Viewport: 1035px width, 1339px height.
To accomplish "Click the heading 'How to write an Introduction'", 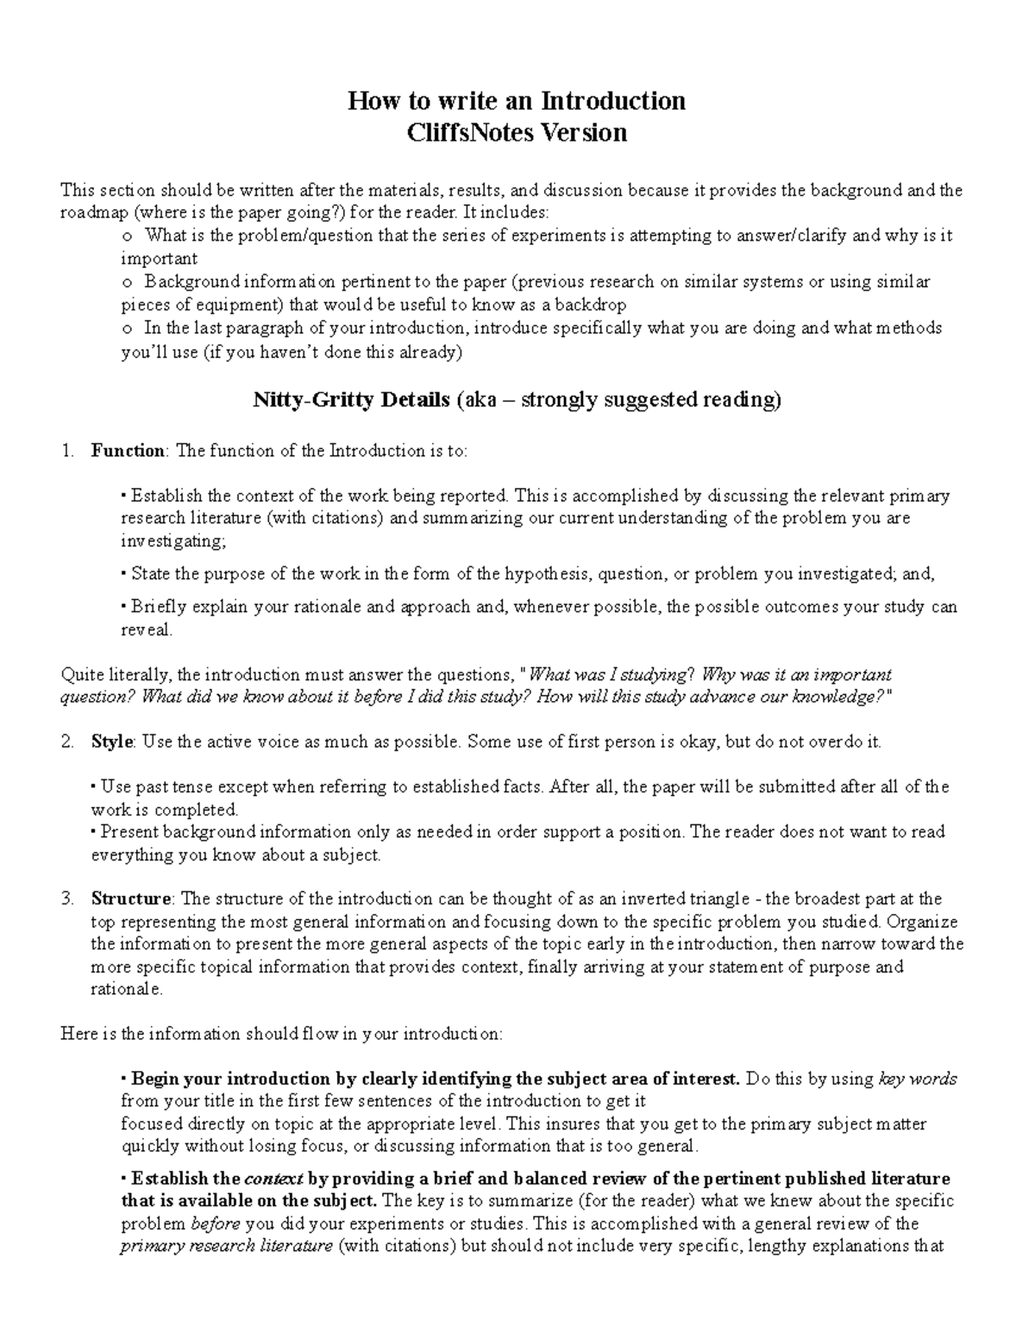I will click(x=516, y=101).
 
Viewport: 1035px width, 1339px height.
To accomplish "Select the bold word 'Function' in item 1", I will click(x=128, y=451).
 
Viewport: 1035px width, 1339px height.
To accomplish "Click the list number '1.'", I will click(x=68, y=451).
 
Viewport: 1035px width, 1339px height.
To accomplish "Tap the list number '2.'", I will click(x=68, y=742).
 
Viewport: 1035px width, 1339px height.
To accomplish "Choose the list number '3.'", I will click(x=68, y=899).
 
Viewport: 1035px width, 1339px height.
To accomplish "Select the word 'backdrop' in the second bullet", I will click(x=590, y=304).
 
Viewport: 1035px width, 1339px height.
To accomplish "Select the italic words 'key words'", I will click(x=918, y=1079).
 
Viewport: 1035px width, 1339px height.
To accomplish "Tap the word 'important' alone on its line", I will click(x=159, y=259).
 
